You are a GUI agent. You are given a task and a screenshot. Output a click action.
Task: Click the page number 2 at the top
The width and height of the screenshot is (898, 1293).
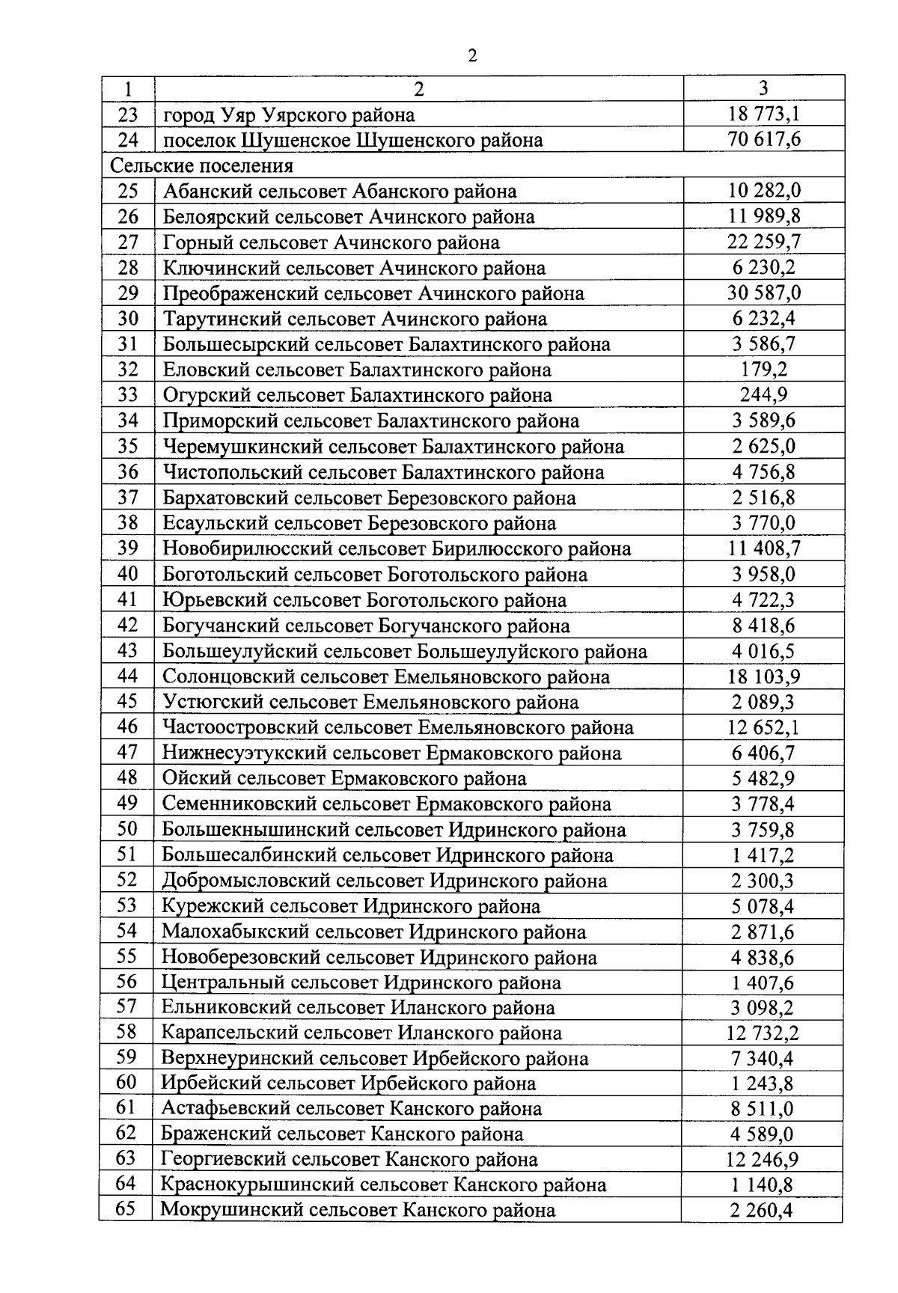pyautogui.click(x=471, y=56)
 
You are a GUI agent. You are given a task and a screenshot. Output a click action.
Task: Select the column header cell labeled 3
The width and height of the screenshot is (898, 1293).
pyautogui.click(x=763, y=88)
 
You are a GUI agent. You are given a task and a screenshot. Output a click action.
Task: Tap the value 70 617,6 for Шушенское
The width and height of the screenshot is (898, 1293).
pyautogui.click(x=763, y=140)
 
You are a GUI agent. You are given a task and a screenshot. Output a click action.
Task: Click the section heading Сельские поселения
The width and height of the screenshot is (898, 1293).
pyautogui.click(x=202, y=165)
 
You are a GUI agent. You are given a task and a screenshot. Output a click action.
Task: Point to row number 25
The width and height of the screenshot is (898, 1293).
pyautogui.click(x=128, y=191)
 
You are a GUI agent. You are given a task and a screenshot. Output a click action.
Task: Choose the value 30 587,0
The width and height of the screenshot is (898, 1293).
pyautogui.click(x=763, y=293)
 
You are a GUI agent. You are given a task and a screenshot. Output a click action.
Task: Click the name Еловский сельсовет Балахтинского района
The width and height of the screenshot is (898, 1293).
pyautogui.click(x=357, y=370)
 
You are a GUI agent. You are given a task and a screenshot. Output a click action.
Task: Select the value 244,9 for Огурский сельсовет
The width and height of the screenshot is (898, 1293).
pyautogui.click(x=763, y=395)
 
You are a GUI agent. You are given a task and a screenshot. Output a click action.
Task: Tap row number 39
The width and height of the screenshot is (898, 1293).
pyautogui.click(x=128, y=548)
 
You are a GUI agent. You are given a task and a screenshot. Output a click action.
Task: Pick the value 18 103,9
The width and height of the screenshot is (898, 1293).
pyautogui.click(x=763, y=676)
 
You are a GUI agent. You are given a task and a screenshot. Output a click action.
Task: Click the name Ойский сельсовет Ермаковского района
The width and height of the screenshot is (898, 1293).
pyautogui.click(x=344, y=778)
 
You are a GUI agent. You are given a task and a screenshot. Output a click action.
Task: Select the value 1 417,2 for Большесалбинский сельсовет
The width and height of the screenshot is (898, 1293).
pyautogui.click(x=763, y=855)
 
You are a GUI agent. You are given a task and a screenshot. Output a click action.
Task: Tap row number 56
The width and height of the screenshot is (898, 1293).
pyautogui.click(x=127, y=982)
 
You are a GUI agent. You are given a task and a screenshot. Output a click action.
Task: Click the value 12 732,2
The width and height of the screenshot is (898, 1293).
pyautogui.click(x=763, y=1033)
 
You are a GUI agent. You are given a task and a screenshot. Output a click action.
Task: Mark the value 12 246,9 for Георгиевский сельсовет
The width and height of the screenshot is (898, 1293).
pyautogui.click(x=763, y=1160)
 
